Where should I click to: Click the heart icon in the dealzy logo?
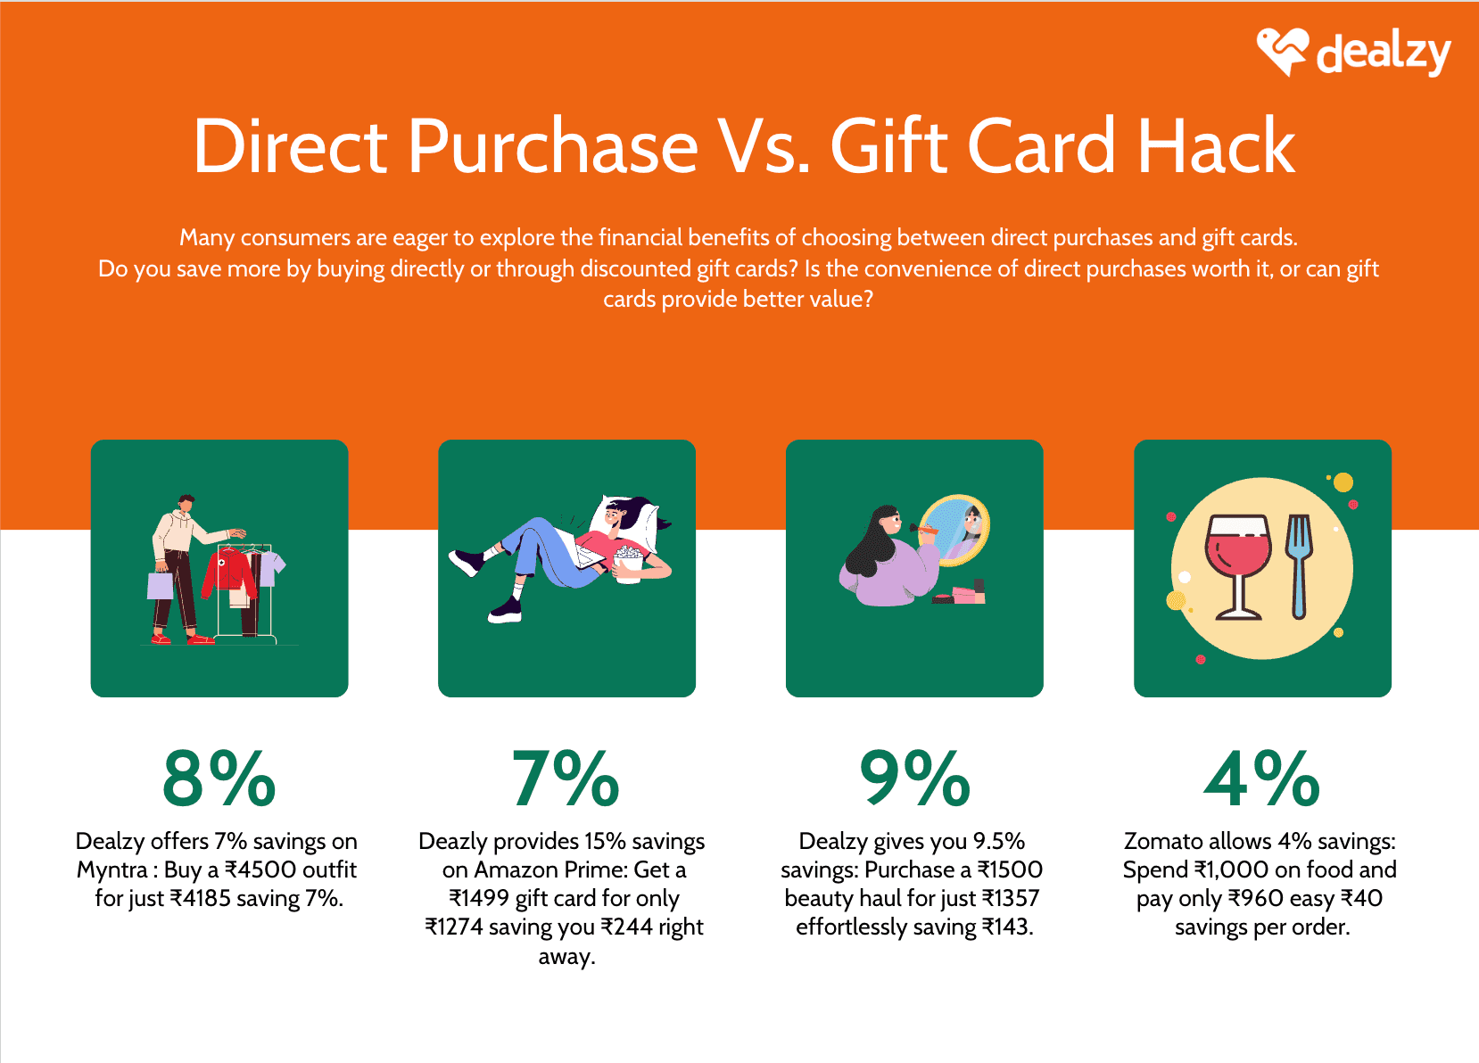(1282, 50)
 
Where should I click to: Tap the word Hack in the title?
(1215, 146)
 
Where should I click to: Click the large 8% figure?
(219, 779)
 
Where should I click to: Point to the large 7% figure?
(566, 779)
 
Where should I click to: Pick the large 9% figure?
(914, 779)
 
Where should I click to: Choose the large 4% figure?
(1261, 779)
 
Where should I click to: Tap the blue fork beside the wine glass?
(1300, 565)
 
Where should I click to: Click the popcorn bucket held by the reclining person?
(628, 564)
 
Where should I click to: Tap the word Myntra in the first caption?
(112, 869)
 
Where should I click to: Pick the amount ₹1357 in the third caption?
(1011, 898)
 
